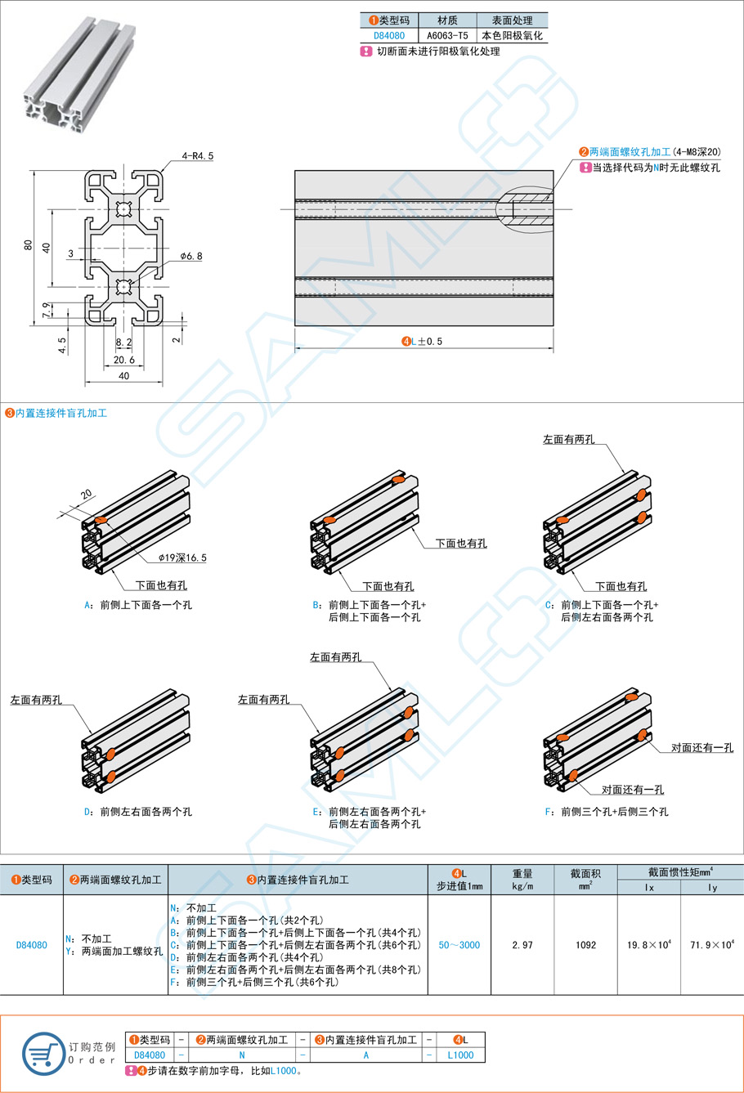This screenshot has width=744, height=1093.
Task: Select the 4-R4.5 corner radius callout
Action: coord(197,155)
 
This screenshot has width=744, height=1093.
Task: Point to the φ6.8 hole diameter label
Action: coord(190,256)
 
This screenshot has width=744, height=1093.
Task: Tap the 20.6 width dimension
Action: coord(124,360)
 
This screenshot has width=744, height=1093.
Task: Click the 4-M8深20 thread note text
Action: coord(697,152)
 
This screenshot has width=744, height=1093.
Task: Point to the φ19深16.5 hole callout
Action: coord(183,558)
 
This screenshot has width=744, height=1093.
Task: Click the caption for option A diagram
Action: coord(138,606)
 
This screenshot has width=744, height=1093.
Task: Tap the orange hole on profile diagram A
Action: coord(101,521)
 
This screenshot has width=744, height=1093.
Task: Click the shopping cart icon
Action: coord(43,1053)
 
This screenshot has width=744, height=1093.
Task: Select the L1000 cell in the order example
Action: coord(460,1055)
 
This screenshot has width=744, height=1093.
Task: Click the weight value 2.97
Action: coord(522,945)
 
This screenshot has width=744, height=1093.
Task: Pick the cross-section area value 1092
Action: coord(585,945)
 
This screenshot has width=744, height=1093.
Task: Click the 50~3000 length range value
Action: coord(459,945)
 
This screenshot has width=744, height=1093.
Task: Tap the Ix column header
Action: coord(649,888)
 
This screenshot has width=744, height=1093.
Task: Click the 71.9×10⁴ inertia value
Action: coord(712,945)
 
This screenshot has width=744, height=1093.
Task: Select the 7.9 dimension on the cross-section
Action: coord(46,310)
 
